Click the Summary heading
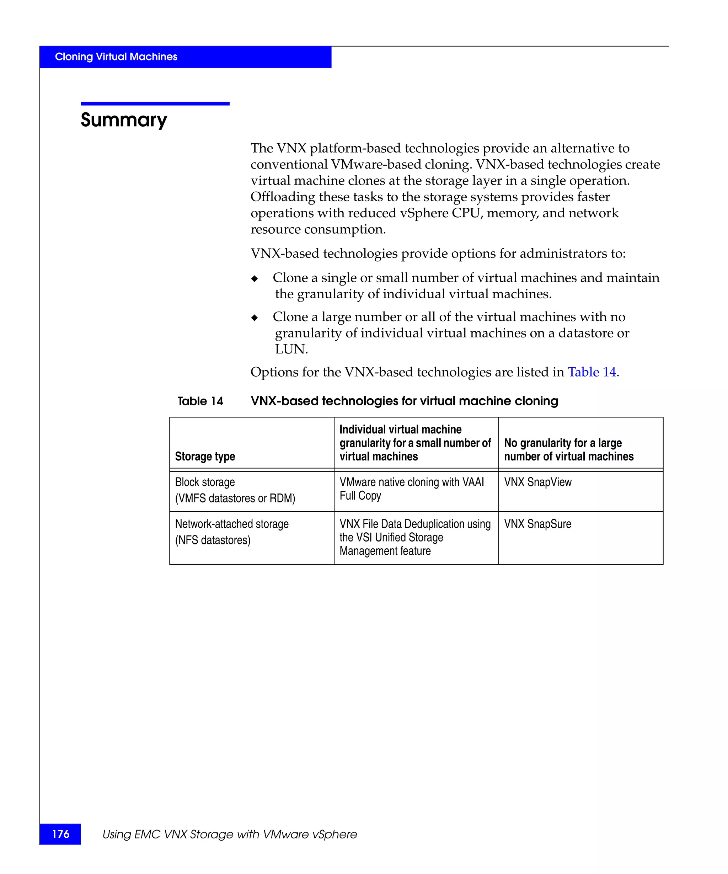[x=124, y=120]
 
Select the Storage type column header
[x=205, y=456]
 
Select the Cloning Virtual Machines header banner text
[x=116, y=57]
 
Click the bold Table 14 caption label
[x=200, y=401]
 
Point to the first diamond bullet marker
[x=255, y=278]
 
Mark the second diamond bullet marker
[x=255, y=318]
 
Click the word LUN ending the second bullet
[x=291, y=349]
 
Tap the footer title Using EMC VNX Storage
[x=229, y=834]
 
